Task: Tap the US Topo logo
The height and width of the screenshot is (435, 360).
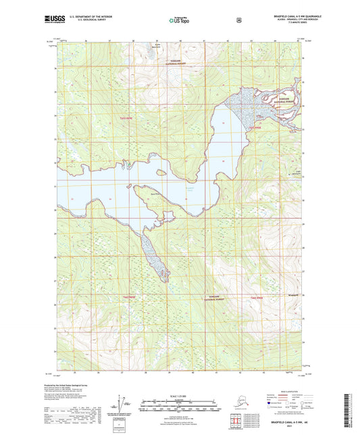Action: [x=179, y=20]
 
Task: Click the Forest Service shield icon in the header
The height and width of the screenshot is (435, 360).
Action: [x=238, y=20]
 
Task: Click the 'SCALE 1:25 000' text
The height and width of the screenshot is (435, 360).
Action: [x=180, y=394]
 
